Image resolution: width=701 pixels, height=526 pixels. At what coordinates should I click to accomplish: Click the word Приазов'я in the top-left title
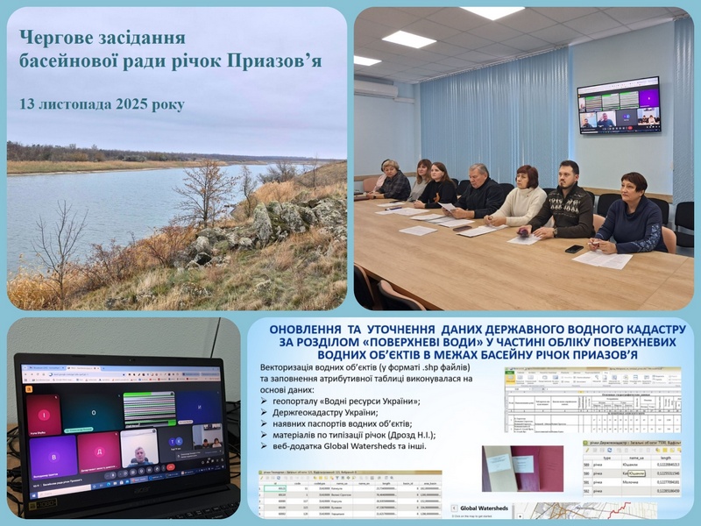[x=276, y=61]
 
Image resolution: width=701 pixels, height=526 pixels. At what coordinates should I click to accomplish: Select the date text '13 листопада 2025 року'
[x=102, y=103]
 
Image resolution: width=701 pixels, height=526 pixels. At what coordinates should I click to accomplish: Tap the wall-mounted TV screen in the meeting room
[x=619, y=105]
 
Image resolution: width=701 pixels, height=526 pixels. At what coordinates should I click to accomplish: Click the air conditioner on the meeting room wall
[x=375, y=89]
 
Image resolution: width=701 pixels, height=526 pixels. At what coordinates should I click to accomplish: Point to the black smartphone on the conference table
[x=574, y=249]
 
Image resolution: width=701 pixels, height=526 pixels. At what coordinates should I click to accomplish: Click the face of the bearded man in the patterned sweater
[x=567, y=174]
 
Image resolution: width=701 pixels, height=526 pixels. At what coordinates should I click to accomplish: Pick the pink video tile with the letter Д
[x=98, y=450]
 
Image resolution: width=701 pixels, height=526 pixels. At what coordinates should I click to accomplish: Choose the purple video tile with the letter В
[x=52, y=455]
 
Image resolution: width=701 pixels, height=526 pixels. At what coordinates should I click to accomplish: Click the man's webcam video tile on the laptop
[x=140, y=447]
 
